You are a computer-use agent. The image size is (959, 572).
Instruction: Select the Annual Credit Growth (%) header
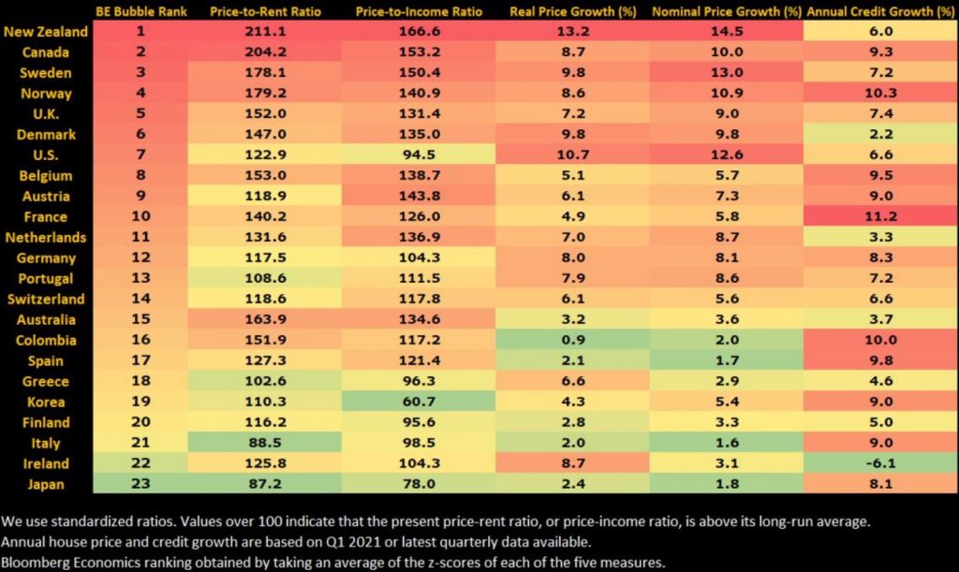coord(880,11)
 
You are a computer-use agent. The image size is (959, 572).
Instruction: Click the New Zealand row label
coord(47,32)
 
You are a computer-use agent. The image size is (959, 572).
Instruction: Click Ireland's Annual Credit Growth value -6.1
coord(880,462)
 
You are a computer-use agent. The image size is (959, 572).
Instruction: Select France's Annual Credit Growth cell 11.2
coord(880,217)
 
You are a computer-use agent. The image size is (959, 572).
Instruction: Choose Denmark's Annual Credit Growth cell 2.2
coord(880,135)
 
